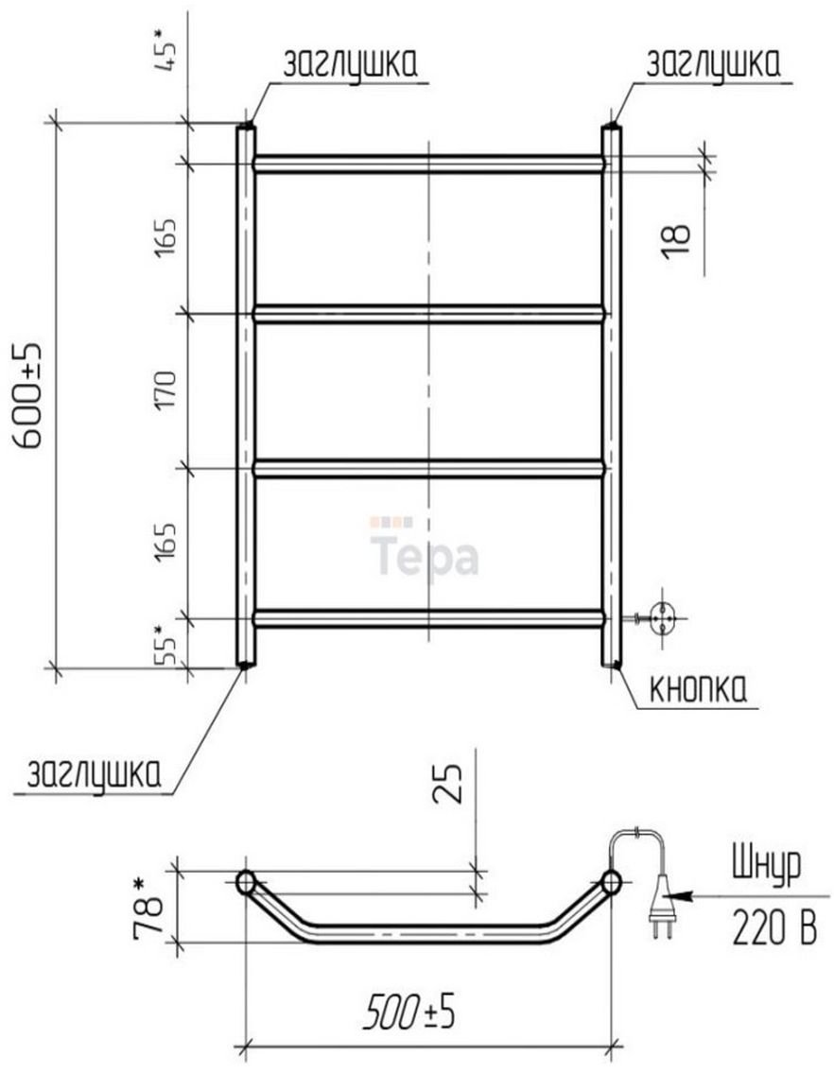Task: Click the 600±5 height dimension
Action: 28,395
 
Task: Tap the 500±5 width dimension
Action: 408,1012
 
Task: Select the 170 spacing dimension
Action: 165,389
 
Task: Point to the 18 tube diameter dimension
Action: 676,240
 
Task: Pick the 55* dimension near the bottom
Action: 165,645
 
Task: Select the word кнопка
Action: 696,690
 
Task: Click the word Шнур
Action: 766,867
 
